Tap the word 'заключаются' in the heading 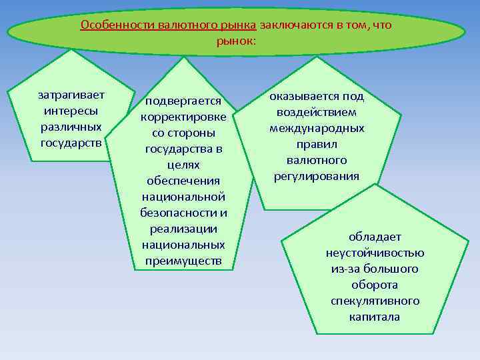coord(291,25)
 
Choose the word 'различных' coord(71,127)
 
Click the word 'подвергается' coord(183,101)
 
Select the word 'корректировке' coord(183,117)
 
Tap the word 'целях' coord(183,165)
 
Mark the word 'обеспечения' coord(183,181)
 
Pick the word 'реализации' coord(183,229)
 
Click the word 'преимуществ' coord(183,261)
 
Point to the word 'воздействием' coord(317,112)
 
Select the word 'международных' coord(317,128)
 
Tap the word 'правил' coord(317,144)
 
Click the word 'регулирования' coord(317,176)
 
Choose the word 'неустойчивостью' coord(375,253)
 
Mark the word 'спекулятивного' coord(375,301)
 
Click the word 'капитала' coord(375,317)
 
